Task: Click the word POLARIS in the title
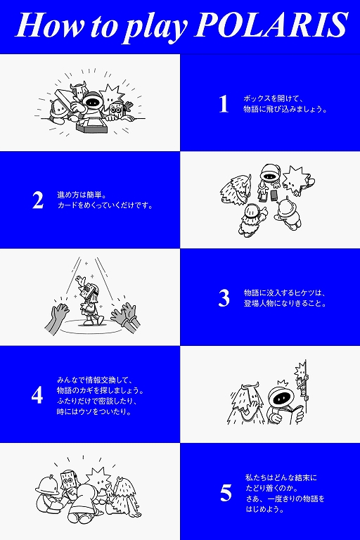coord(271,25)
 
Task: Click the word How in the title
coord(50,25)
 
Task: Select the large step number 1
coord(224,104)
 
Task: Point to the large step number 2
coord(38,200)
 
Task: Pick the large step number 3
coord(224,298)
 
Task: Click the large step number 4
coord(37,395)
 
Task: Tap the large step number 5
coord(226,493)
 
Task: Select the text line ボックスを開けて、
coord(274,98)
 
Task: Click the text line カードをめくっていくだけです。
coord(105,205)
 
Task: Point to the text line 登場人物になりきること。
coord(285,304)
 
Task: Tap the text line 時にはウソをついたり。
coord(94,411)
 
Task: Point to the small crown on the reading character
coord(283,383)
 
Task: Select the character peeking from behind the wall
coord(302,380)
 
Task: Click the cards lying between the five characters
coord(269,195)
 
